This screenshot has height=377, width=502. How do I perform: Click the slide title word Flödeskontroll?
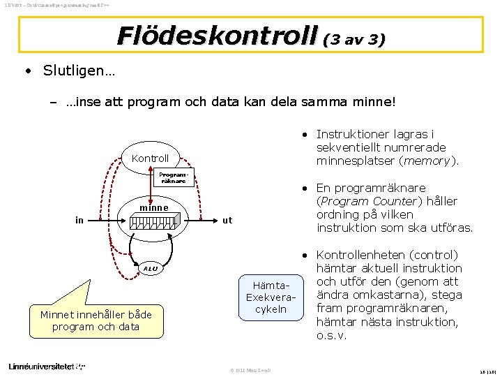(x=217, y=35)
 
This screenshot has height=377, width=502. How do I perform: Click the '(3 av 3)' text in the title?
(x=353, y=39)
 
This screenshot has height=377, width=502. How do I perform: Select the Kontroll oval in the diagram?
(x=150, y=158)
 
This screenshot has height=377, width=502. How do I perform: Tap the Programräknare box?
(x=172, y=177)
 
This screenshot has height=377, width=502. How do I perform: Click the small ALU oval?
(x=151, y=268)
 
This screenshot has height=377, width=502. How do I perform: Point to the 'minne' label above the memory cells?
(x=153, y=207)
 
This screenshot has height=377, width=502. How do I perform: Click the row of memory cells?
(x=159, y=223)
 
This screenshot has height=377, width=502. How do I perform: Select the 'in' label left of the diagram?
(x=79, y=221)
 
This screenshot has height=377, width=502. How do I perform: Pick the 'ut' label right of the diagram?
(x=227, y=221)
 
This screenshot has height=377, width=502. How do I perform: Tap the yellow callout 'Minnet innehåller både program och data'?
(x=96, y=320)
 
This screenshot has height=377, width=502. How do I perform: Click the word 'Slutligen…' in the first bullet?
(x=79, y=71)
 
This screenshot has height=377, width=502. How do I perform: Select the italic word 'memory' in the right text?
(x=431, y=161)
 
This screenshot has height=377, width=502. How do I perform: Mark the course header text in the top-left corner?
(x=48, y=6)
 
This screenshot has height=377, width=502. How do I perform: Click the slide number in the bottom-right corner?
(x=487, y=371)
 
